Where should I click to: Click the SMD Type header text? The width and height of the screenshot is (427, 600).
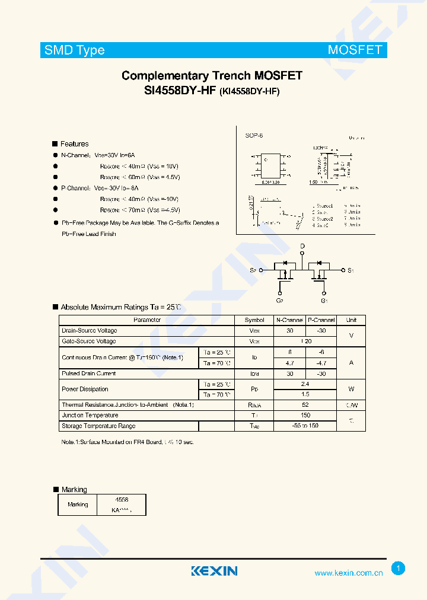tap(75, 50)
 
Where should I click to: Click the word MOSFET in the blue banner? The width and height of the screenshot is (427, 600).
tap(355, 50)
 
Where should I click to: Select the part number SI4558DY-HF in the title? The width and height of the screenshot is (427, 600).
tap(180, 91)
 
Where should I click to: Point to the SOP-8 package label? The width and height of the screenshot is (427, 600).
tap(254, 136)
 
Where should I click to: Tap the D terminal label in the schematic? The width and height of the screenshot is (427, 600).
tap(302, 246)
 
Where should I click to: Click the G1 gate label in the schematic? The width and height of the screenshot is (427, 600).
tap(324, 301)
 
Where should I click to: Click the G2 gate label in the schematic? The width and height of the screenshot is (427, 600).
tap(280, 301)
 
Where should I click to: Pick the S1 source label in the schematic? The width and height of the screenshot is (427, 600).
tap(350, 270)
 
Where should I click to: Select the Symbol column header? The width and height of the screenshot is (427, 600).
tap(254, 320)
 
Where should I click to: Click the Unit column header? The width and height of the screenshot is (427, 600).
tap(351, 320)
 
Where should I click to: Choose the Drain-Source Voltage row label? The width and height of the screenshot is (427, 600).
tap(90, 330)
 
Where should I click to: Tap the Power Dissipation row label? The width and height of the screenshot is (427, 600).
tap(85, 389)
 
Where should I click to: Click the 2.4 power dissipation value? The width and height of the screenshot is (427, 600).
tap(305, 384)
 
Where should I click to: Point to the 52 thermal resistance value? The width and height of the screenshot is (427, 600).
tap(305, 405)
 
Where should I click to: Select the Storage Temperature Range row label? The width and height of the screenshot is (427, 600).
tap(98, 426)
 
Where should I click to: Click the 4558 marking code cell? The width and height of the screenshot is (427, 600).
tap(122, 500)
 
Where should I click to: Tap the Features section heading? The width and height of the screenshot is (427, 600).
tap(74, 144)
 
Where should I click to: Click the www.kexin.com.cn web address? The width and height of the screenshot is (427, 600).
tap(348, 573)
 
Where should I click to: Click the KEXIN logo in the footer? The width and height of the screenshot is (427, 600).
tap(214, 571)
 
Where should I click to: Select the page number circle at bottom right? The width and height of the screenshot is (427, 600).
tap(399, 569)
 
